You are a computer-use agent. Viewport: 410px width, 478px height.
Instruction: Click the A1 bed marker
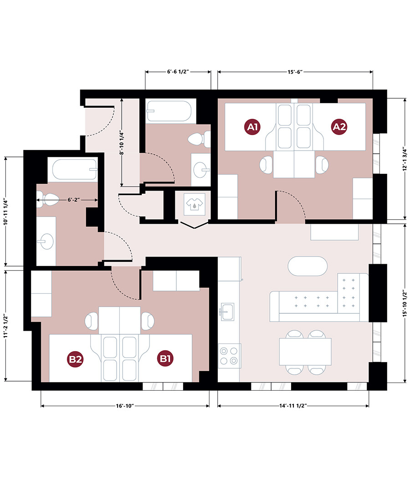click(252, 126)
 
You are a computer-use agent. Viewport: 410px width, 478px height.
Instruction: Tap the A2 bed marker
click(339, 126)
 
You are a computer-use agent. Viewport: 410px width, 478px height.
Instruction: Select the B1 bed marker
click(165, 358)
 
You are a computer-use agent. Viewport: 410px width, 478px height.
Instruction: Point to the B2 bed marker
click(75, 359)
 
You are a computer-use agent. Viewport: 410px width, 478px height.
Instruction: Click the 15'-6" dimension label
click(295, 72)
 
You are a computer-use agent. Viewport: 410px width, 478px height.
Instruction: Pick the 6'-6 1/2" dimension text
click(178, 72)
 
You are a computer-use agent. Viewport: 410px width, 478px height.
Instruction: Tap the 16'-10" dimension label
click(125, 406)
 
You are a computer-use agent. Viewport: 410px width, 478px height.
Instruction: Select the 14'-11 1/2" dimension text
click(293, 405)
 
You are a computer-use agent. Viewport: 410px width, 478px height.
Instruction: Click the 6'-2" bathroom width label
click(74, 200)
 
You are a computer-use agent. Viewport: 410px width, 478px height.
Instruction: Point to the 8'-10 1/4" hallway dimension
click(122, 143)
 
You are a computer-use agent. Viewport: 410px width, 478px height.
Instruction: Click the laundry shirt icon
click(195, 203)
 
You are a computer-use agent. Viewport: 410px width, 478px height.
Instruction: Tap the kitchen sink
click(227, 312)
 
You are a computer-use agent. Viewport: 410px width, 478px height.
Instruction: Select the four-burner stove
click(229, 356)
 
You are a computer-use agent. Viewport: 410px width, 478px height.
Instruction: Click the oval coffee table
click(307, 266)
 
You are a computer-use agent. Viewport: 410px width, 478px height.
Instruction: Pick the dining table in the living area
click(305, 352)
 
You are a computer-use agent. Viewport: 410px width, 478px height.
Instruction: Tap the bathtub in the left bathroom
click(75, 170)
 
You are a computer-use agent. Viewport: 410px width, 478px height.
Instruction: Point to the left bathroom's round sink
click(46, 242)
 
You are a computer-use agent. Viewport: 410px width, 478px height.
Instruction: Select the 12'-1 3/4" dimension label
click(405, 159)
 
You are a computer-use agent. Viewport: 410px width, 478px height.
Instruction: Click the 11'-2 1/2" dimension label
click(5, 326)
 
